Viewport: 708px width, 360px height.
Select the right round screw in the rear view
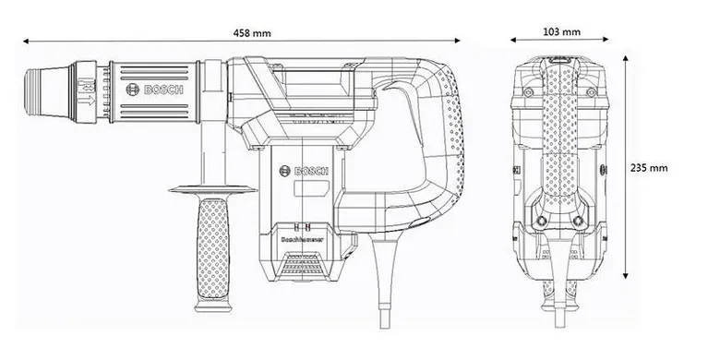click(579, 221)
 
